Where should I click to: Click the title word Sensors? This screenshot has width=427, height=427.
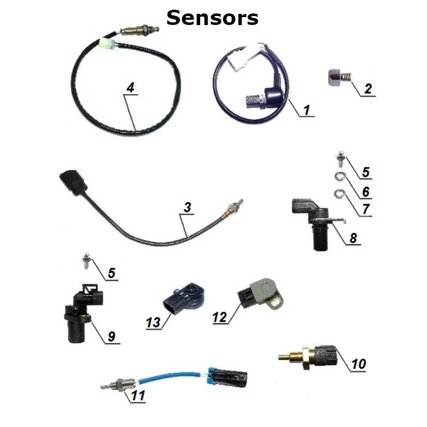click(x=212, y=18)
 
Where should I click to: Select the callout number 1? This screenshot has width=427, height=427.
click(x=306, y=110)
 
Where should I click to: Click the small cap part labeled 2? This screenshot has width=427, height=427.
click(x=338, y=80)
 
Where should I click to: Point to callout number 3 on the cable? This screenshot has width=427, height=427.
click(x=186, y=208)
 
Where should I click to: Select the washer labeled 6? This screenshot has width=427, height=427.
click(x=339, y=177)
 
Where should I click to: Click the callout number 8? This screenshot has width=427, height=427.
click(x=353, y=238)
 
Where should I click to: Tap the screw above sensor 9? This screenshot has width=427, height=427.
click(x=85, y=261)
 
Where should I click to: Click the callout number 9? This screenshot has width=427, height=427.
click(x=111, y=336)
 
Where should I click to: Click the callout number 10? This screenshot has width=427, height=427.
click(x=359, y=364)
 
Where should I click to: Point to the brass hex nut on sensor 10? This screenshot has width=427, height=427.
click(x=306, y=354)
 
